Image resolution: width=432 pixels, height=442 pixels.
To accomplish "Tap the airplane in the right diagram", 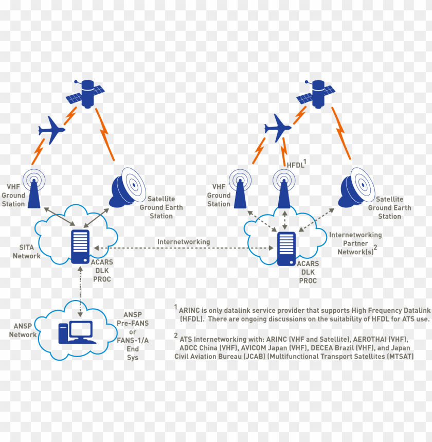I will click(x=277, y=127).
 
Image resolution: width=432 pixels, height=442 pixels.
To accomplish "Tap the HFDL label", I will click(x=296, y=165).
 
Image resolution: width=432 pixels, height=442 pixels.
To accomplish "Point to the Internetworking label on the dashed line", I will click(x=184, y=241).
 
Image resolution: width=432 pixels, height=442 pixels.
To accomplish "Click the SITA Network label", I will click(x=26, y=252).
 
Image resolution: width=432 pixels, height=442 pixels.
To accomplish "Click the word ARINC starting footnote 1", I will click(x=190, y=311).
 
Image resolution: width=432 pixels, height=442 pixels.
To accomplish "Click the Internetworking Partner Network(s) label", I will click(x=355, y=243).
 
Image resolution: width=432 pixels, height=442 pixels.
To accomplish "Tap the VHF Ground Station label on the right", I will click(x=219, y=196).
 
